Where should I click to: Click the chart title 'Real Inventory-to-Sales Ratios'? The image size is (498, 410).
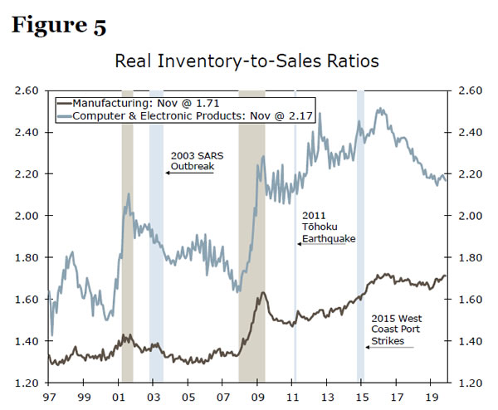(248, 61)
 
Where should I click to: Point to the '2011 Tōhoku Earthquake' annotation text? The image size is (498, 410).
(329, 227)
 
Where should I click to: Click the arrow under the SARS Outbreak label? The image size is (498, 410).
(188, 173)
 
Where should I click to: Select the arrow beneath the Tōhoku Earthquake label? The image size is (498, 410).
(321, 244)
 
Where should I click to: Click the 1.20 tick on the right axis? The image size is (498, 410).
(469, 383)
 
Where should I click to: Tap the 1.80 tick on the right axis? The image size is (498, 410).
(469, 258)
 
